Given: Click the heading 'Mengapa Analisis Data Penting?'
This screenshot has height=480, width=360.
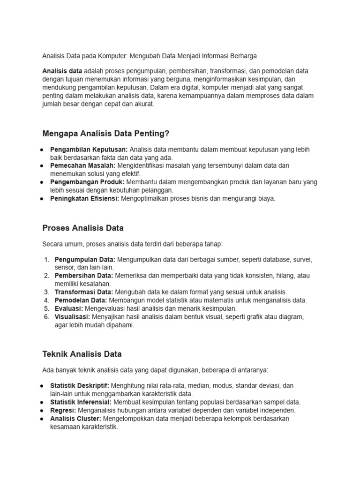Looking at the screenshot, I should [x=105, y=134].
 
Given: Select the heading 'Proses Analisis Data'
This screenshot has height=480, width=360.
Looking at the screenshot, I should [x=83, y=228].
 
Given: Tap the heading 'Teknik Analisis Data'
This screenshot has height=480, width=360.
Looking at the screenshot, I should [x=82, y=354].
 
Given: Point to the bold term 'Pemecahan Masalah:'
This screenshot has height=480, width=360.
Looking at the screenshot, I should [x=82, y=166].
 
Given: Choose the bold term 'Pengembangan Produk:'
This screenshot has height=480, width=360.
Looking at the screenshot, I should [x=87, y=182].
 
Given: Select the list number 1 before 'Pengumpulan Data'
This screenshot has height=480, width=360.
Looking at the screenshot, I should [x=46, y=260].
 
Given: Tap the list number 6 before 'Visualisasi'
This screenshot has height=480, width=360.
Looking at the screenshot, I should [x=46, y=317].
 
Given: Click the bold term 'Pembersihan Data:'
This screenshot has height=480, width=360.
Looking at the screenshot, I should [x=84, y=276].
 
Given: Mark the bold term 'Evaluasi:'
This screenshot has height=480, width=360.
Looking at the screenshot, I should [x=69, y=308].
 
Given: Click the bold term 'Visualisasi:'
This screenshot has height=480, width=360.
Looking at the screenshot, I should [x=73, y=317].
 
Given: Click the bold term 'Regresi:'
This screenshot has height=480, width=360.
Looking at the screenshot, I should [x=63, y=410].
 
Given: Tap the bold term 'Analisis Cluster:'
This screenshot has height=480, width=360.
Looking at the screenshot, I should [x=75, y=419].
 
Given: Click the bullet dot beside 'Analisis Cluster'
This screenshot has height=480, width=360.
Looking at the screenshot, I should [x=42, y=419].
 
